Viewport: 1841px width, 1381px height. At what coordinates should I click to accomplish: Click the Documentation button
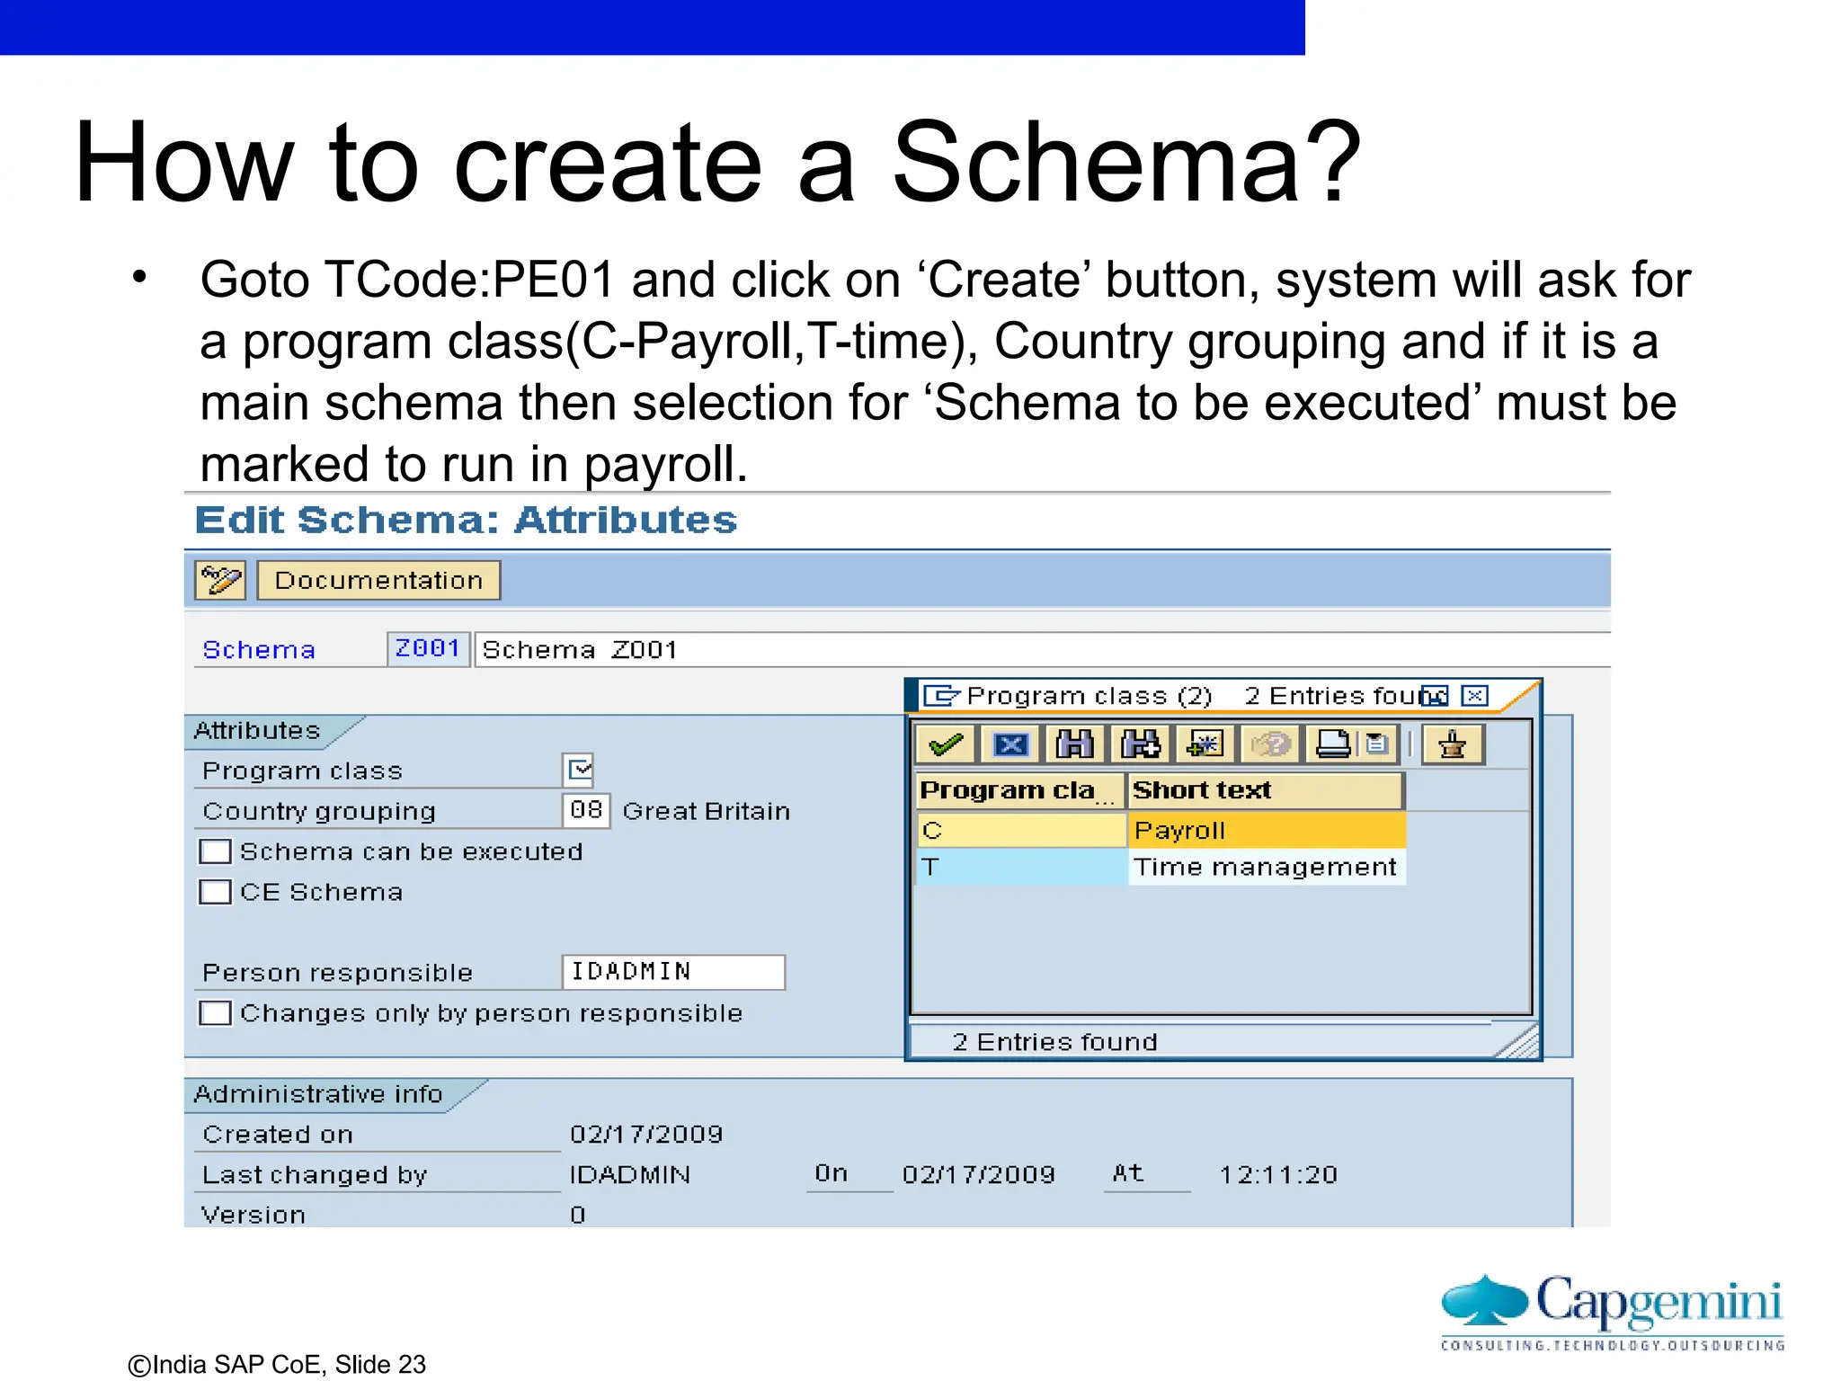pyautogui.click(x=378, y=581)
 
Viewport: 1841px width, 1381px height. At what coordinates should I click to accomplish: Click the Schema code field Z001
pyautogui.click(x=428, y=648)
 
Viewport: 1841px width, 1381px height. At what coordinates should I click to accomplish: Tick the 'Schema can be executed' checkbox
pyautogui.click(x=216, y=851)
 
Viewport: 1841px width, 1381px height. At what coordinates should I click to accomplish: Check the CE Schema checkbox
pyautogui.click(x=216, y=892)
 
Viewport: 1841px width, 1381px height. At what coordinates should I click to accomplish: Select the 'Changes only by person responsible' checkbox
pyautogui.click(x=216, y=1013)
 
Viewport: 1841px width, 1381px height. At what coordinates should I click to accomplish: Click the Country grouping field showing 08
pyautogui.click(x=586, y=810)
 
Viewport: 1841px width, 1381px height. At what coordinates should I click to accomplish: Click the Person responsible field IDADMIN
pyautogui.click(x=672, y=972)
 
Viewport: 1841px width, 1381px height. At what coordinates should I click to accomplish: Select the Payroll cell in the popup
pyautogui.click(x=1265, y=830)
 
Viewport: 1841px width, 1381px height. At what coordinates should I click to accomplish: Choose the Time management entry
pyautogui.click(x=1265, y=867)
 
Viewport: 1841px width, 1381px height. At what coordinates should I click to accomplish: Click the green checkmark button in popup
pyautogui.click(x=946, y=744)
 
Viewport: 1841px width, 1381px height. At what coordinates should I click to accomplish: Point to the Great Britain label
pyautogui.click(x=707, y=811)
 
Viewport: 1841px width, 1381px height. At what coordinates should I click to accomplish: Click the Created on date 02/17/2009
pyautogui.click(x=646, y=1135)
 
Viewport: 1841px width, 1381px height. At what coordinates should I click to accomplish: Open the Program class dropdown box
pyautogui.click(x=579, y=770)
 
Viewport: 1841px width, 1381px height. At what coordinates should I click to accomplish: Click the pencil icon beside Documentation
pyautogui.click(x=220, y=581)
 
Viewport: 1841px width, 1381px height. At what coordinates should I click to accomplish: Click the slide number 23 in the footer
pyautogui.click(x=412, y=1365)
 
